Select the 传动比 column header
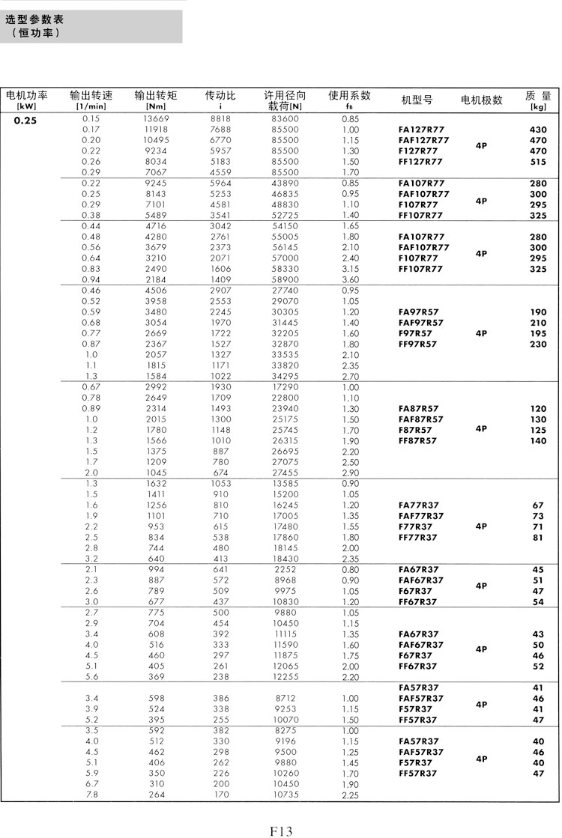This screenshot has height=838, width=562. tap(220, 96)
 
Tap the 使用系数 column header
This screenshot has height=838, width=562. tap(349, 95)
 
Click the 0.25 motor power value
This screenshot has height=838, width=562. tap(25, 119)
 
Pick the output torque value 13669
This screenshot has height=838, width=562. tap(156, 119)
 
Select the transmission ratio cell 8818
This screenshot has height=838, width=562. tap(220, 119)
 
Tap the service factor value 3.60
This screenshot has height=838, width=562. tap(350, 280)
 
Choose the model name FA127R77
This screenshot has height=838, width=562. tap(420, 130)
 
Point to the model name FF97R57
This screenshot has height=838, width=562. tap(417, 344)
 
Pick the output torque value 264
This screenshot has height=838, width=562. tap(156, 795)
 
